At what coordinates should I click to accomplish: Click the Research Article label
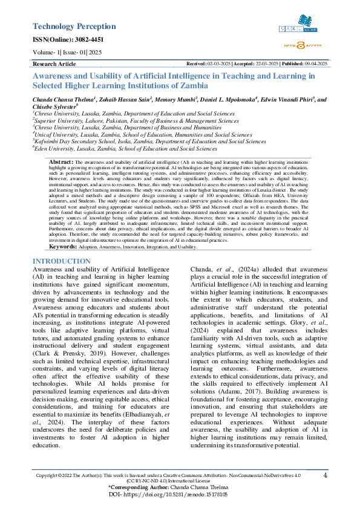(54, 63)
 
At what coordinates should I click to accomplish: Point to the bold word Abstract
(61, 163)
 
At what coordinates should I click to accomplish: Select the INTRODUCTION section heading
(61, 261)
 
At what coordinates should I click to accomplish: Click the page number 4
(325, 476)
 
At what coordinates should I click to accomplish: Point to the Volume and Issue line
(68, 52)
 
